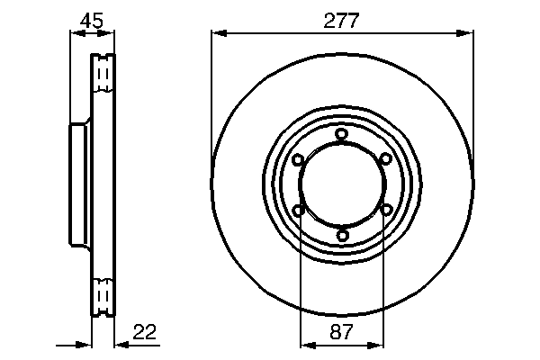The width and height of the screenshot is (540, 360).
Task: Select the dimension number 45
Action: tap(92, 20)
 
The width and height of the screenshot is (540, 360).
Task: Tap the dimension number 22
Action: tap(145, 331)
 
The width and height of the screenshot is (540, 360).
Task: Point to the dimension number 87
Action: tap(341, 331)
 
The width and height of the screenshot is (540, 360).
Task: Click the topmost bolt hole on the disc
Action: tap(341, 135)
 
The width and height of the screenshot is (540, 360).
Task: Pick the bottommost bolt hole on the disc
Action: tap(341, 236)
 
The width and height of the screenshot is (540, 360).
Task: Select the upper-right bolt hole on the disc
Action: tap(385, 159)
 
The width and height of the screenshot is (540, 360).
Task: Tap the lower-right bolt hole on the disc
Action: tap(385, 211)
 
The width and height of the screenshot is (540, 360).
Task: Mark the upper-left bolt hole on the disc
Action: tap(298, 159)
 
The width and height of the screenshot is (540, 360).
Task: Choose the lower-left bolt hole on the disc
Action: tap(298, 211)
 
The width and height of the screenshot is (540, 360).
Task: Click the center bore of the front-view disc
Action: tap(341, 185)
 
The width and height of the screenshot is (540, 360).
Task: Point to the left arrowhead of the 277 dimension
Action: tap(217, 34)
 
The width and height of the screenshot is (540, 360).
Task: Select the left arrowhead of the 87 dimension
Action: tap(304, 344)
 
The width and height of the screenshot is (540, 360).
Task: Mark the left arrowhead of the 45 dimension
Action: tap(76, 34)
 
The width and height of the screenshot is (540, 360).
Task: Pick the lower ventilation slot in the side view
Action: tap(103, 296)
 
